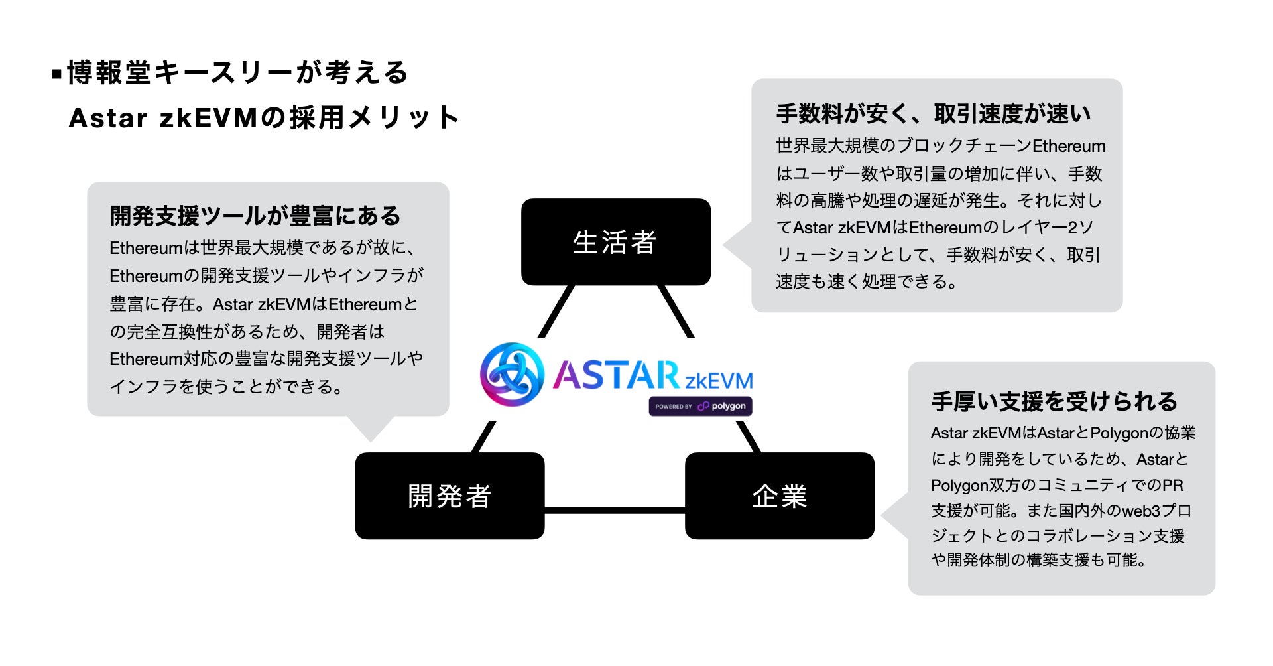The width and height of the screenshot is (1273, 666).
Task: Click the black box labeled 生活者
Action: [x=615, y=242]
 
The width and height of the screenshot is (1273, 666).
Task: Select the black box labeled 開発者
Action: [x=450, y=496]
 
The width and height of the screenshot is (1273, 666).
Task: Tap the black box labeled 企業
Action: [x=779, y=496]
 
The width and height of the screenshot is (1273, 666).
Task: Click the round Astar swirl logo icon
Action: [x=512, y=374]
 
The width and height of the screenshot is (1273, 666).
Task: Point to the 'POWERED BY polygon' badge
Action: [x=700, y=406]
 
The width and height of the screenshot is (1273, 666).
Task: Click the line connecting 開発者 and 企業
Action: [x=615, y=510]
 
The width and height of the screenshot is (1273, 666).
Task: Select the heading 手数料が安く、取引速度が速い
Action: [x=934, y=114]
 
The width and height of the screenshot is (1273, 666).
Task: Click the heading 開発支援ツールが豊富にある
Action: [x=255, y=216]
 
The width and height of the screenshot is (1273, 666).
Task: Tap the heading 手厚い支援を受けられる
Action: [x=1054, y=402]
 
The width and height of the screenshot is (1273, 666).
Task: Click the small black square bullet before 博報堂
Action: [x=56, y=73]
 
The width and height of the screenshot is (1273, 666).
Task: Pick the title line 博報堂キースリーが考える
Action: [x=237, y=73]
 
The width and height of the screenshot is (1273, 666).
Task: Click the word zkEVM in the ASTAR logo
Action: [x=719, y=381]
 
